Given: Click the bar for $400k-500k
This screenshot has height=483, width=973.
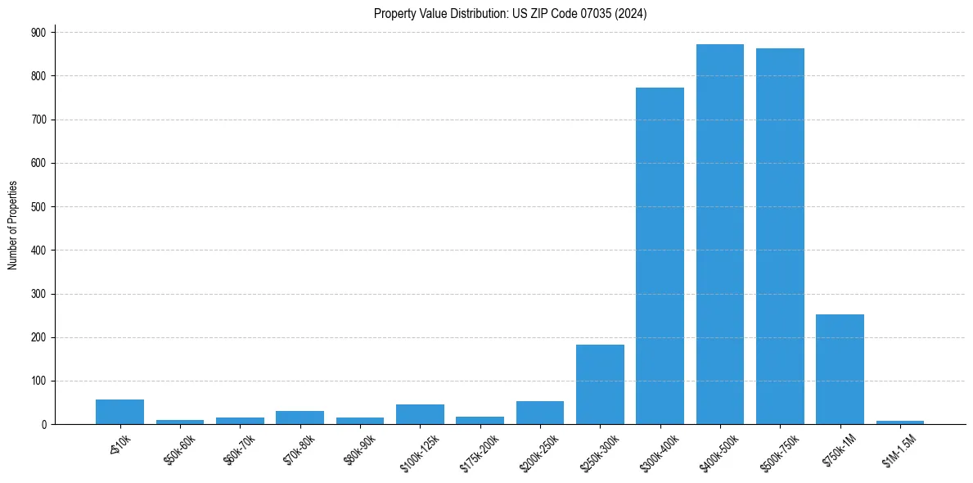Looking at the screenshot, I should click(x=720, y=234).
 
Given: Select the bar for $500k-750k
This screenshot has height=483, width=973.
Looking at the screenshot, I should click(x=780, y=237).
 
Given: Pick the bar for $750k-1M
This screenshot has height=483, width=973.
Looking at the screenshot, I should click(x=840, y=369).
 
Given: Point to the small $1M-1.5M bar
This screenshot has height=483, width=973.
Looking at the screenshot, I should click(x=900, y=422).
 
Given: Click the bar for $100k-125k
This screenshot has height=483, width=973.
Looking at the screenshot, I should click(x=420, y=414).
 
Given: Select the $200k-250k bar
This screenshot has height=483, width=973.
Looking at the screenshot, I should click(x=540, y=413).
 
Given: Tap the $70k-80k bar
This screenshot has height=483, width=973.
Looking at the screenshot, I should click(x=300, y=418).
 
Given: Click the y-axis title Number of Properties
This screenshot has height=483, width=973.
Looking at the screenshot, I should click(x=12, y=225).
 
